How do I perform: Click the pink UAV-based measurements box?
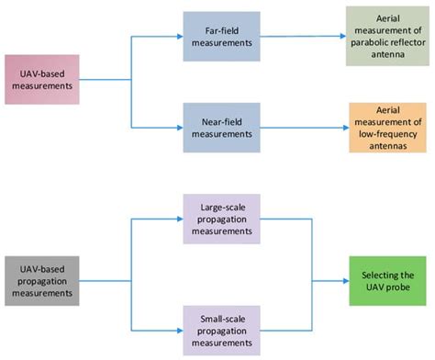pyautogui.click(x=41, y=80)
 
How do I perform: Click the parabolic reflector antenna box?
pyautogui.click(x=386, y=37)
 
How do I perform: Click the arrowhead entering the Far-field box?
pyautogui.click(x=178, y=37)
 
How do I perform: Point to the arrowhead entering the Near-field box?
pyautogui.click(x=178, y=127)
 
